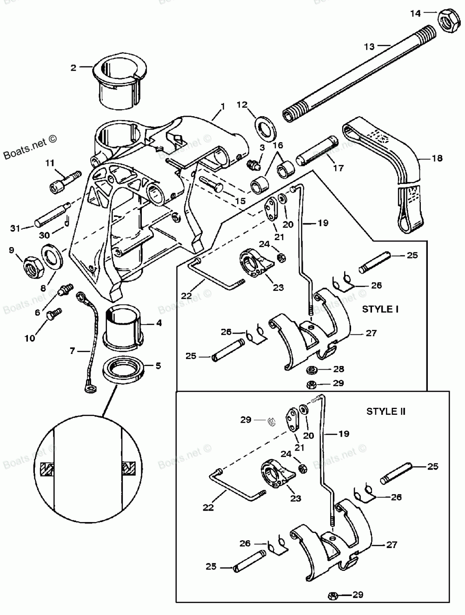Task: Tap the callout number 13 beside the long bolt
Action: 369,46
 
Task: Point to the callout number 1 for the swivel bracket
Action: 223,106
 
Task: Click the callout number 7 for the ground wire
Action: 72,351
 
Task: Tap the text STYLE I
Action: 380,309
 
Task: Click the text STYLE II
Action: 385,412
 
